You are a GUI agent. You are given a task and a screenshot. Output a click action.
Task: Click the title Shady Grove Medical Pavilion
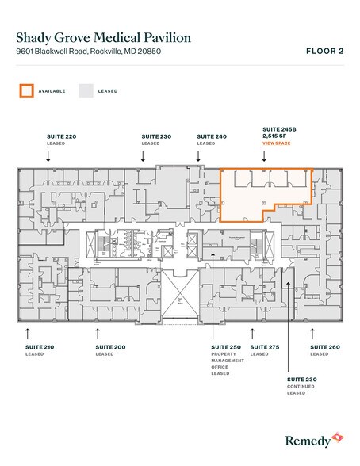[x=102, y=37]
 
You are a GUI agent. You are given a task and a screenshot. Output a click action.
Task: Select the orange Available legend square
[x=26, y=91]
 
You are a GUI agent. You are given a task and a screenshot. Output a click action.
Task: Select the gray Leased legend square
[x=86, y=91]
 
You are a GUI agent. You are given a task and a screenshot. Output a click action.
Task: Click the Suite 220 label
[x=61, y=137]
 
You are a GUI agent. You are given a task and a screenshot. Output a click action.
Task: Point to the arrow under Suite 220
[x=48, y=156]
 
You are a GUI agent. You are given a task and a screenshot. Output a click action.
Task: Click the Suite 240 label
[x=212, y=137]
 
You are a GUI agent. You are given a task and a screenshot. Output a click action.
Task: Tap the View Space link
[x=277, y=143]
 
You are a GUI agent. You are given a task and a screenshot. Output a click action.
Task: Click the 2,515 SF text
[x=274, y=136]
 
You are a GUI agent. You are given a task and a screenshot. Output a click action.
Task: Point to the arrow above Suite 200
[x=98, y=330]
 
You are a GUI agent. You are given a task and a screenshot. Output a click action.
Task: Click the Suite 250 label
[x=227, y=347]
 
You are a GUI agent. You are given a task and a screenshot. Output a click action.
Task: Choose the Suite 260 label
[x=324, y=347]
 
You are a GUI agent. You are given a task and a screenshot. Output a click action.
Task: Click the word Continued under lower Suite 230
[x=302, y=387]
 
